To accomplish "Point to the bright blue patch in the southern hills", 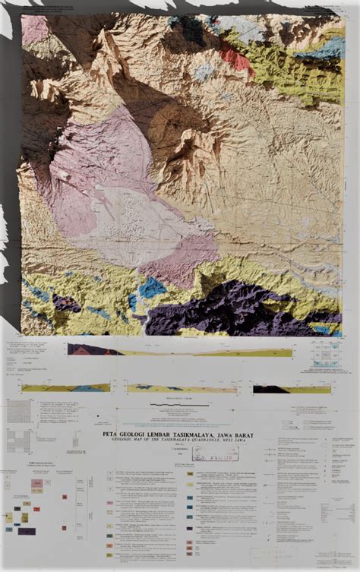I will coord(152,287).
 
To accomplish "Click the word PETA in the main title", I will coord(112,434).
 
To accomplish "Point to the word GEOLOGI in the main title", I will coord(136,434).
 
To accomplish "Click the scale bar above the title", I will coord(179,406).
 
